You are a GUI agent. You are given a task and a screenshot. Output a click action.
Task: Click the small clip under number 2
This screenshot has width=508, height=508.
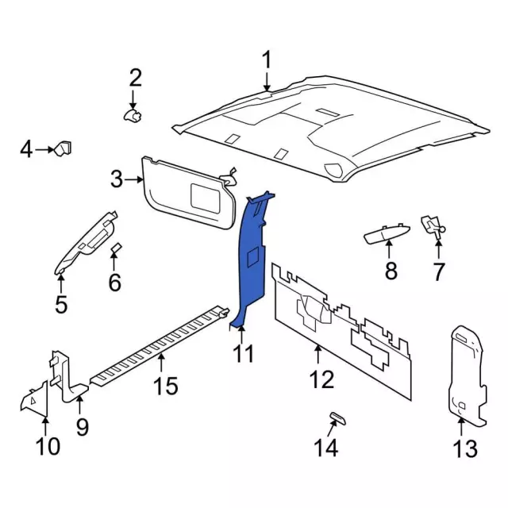click(133, 116)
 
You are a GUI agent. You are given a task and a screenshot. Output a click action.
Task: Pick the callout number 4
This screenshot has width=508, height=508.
click(25, 148)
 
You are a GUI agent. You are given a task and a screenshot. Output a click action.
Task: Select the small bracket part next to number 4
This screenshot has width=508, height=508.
click(63, 148)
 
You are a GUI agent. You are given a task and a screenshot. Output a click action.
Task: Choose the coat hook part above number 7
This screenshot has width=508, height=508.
click(433, 225)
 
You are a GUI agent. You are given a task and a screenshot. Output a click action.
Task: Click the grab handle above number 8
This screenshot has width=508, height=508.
click(387, 233)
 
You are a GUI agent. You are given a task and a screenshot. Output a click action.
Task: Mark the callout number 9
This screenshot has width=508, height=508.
click(82, 426)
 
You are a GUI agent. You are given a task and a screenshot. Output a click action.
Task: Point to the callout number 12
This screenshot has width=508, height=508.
click(321, 379)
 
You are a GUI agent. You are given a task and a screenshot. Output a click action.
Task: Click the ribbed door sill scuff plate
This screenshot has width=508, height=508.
click(159, 345)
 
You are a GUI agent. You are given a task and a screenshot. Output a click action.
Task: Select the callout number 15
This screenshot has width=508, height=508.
click(165, 387)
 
